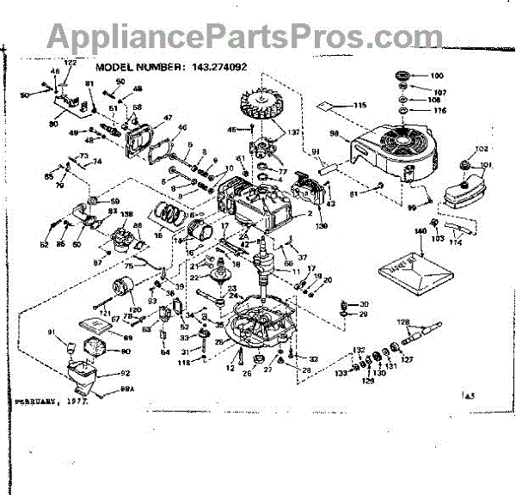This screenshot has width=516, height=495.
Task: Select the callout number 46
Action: [181, 128]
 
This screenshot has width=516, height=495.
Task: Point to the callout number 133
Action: [342, 371]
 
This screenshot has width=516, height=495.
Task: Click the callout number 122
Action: [71, 63]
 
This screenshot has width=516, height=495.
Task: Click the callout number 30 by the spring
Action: [363, 304]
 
